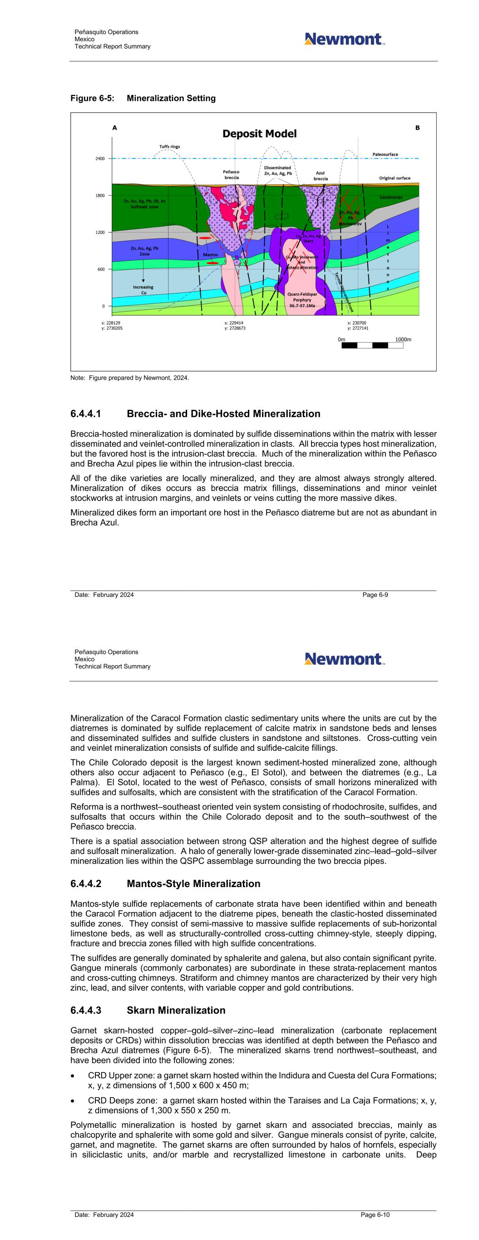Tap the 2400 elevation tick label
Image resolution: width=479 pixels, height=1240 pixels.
(99, 159)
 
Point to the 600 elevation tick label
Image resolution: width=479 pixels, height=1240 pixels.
(101, 269)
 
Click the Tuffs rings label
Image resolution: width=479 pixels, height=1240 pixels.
(169, 146)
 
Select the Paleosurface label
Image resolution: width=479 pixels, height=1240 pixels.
(385, 154)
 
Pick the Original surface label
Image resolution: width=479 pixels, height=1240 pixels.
(394, 178)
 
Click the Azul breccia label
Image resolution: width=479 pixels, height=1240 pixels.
(320, 176)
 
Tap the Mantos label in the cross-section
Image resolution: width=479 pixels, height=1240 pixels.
(210, 255)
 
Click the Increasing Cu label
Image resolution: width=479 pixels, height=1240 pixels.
(143, 290)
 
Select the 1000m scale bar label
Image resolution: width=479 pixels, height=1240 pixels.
(403, 339)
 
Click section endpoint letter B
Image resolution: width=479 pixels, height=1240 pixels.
(417, 128)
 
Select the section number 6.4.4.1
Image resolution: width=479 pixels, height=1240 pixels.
(86, 414)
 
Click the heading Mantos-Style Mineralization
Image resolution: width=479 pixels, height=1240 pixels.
(193, 884)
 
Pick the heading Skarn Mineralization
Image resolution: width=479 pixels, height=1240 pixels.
(176, 1010)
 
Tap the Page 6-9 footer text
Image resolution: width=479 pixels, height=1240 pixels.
(375, 595)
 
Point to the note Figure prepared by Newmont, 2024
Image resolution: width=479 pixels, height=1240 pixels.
(129, 378)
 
